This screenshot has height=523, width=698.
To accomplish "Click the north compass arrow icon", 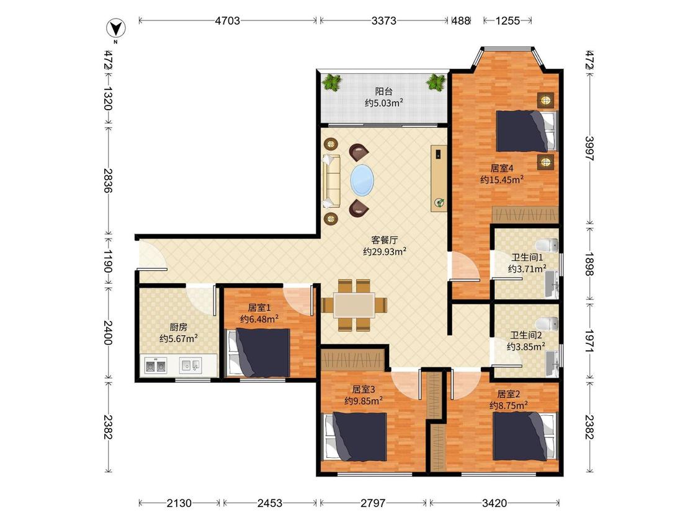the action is coord(116,29).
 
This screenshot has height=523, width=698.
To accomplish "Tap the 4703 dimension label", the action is coord(228,20).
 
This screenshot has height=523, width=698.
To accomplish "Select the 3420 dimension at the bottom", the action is coord(494,503).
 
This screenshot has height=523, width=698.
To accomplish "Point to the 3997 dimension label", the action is coord(589,148).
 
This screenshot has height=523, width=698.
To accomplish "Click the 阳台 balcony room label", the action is coord(383,92).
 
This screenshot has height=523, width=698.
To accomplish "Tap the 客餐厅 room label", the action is coord(384,240).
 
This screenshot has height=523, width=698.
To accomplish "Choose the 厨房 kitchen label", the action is coord(178,327).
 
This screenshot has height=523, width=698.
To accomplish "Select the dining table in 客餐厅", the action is coord(354,305).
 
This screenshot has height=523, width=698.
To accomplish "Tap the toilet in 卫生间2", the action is coord(547,323).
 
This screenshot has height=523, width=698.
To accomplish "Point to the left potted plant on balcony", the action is coord(332,82).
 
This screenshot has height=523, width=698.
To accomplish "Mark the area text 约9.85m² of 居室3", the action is coord(364,401).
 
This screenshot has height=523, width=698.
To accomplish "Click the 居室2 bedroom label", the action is coord(508,394).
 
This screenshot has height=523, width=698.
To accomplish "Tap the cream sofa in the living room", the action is coord(331,180).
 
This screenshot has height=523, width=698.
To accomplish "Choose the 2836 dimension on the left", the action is coord(107,180).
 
